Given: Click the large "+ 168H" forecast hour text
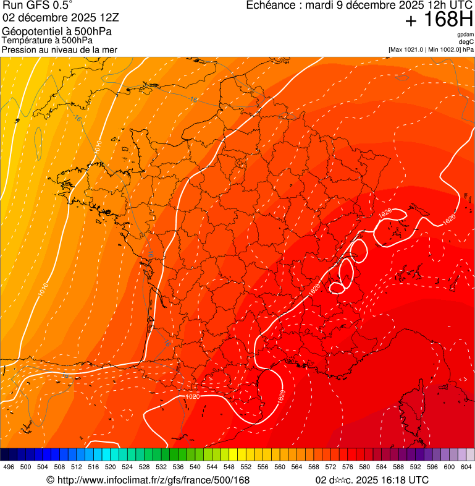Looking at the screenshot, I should pyautogui.click(x=439, y=20).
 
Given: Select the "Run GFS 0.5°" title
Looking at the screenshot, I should pyautogui.click(x=38, y=6).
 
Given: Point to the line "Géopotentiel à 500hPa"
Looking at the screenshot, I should pyautogui.click(x=57, y=32).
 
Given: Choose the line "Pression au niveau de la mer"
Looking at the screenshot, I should pyautogui.click(x=59, y=49).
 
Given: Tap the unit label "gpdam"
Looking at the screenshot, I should pyautogui.click(x=465, y=35).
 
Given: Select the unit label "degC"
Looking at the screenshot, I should pyautogui.click(x=466, y=41).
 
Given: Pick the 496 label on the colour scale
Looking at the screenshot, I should pyautogui.click(x=9, y=467).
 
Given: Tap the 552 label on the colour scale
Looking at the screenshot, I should pyautogui.click(x=246, y=467).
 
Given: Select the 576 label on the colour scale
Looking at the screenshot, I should pyautogui.click(x=347, y=467).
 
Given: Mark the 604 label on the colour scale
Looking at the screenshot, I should pyautogui.click(x=466, y=467).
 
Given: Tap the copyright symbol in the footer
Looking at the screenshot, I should pyautogui.click(x=50, y=480).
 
